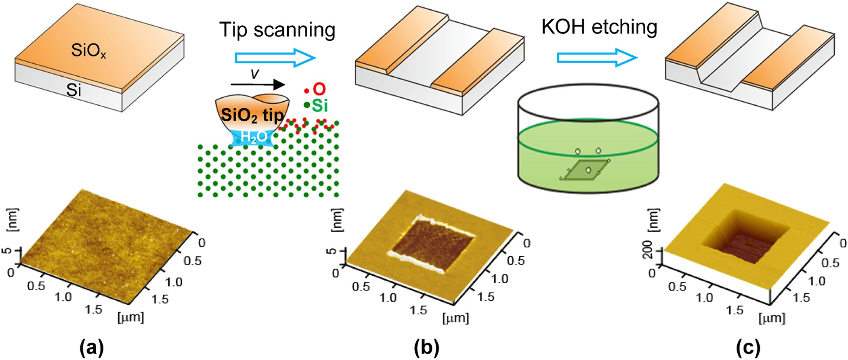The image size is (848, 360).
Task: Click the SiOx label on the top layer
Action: pos(88,51)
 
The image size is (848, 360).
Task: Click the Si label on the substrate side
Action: pos(73,90)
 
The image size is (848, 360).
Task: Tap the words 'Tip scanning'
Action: pos(277,29)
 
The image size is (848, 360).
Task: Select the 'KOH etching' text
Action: pos(599,27)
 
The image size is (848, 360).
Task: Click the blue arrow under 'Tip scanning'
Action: pos(275,58)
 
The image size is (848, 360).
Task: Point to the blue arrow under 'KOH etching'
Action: pos(597,58)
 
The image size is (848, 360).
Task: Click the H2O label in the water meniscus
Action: pos(254,137)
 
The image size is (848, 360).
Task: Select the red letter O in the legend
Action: pos(319,89)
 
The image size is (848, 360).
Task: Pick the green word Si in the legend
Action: pos(319,106)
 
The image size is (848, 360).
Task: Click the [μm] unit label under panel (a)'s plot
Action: pos(130,317)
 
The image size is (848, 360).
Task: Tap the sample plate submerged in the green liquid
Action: pos(585,170)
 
